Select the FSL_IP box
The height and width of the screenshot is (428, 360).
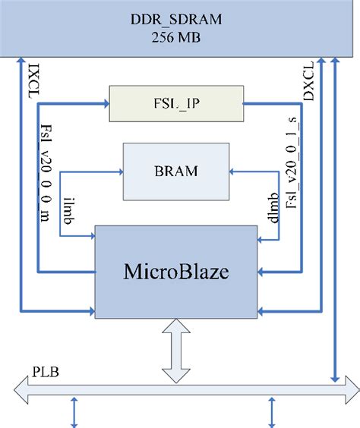pos(175,104)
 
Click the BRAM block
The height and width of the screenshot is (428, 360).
pos(176,171)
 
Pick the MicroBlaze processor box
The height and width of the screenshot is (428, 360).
pos(175,269)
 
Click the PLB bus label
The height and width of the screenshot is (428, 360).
pos(43,373)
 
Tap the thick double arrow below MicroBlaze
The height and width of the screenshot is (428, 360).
pos(175,351)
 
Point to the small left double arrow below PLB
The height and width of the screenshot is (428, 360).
pos(74,414)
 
